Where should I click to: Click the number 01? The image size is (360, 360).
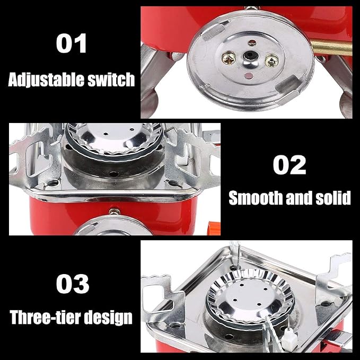pos(71,43)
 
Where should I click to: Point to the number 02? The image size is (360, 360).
pos(289,165)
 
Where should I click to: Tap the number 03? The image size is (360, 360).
pos(73,284)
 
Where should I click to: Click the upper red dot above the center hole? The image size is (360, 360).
pos(252,42)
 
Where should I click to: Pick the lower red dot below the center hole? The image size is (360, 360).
pos(248,75)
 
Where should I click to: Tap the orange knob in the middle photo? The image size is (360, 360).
pos(214,228)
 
